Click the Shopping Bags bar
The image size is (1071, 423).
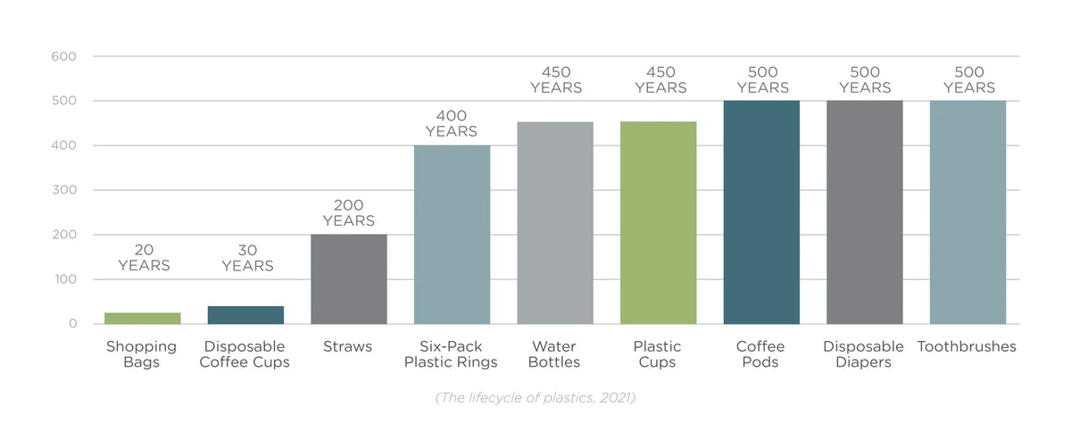point(142,319)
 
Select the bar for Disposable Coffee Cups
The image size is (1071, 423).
point(245,315)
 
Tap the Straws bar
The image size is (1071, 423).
point(349,278)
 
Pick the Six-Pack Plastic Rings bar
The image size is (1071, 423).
point(452,234)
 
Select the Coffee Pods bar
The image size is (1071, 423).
point(761,211)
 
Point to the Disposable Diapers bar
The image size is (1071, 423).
point(865,211)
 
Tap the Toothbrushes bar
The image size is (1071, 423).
point(967,211)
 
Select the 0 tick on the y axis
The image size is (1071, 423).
point(71,324)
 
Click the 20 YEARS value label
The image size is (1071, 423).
point(144,258)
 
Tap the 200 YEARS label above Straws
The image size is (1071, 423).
point(348,213)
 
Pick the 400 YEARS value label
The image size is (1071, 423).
point(452,124)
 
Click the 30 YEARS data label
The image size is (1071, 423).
point(247,258)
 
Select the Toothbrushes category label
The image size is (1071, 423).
point(967,346)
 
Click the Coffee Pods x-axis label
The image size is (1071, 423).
point(760,354)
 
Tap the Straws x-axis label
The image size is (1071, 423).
point(348,346)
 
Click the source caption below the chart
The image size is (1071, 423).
point(535,398)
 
